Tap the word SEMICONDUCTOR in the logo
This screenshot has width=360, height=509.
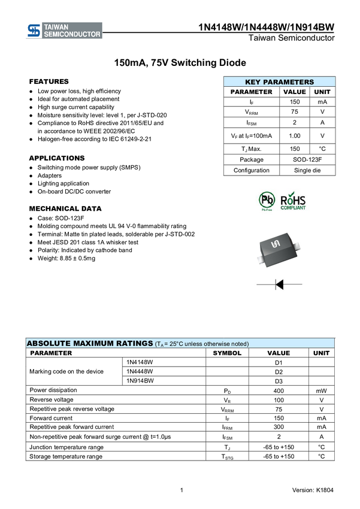coord(72,35)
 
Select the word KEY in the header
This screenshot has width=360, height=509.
coord(254,82)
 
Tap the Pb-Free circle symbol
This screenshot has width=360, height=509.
coord(266,199)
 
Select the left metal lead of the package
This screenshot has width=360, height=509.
coord(260,259)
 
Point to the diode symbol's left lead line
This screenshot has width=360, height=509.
coord(265,284)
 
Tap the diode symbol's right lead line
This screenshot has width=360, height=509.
coord(293,284)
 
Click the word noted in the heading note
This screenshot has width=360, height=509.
coord(238,344)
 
